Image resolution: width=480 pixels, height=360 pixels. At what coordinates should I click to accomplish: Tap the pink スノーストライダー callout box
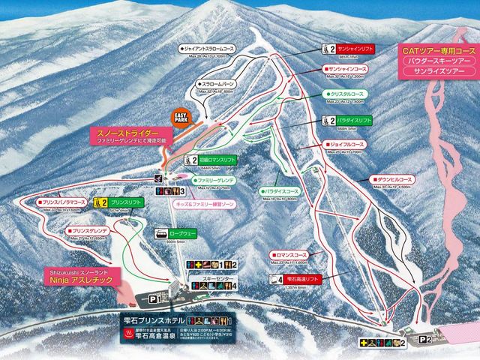tap(137, 135)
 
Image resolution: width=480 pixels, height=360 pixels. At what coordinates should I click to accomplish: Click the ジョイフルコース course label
tap(347, 143)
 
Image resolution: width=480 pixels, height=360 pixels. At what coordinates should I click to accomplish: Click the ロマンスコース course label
tap(292, 255)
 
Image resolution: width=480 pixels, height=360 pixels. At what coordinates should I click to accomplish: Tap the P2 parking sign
tap(425, 339)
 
